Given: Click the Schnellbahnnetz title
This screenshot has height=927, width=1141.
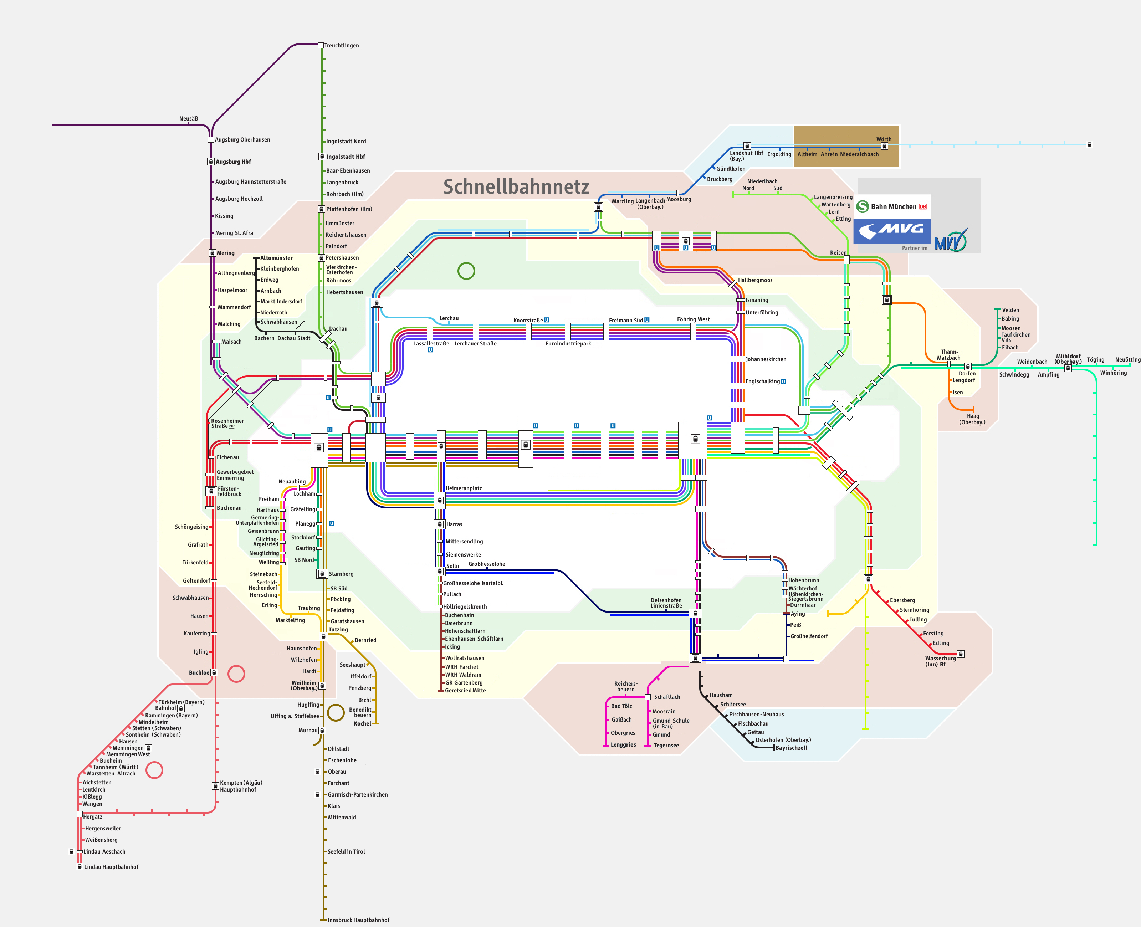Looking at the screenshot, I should pos(516,186).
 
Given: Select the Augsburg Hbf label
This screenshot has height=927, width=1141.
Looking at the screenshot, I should pos(233,162).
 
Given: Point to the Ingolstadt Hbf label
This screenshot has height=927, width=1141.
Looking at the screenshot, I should pos(346,157).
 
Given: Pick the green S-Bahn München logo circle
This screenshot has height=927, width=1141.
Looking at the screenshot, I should pos(862,207).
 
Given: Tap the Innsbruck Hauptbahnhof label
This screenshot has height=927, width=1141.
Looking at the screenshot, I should pos(358,920).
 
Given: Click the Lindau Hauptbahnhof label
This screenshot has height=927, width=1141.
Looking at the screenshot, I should pos(111,867).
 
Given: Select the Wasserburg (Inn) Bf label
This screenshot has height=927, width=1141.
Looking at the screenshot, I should pos(940,661).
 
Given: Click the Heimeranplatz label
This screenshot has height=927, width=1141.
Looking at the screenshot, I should pos(464,488).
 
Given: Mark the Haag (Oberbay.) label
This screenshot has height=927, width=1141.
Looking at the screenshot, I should pos(972,419).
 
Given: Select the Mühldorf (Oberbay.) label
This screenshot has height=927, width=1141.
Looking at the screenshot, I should pos(1068,359).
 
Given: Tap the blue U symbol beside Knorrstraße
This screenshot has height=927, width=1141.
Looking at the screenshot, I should pos(546,321).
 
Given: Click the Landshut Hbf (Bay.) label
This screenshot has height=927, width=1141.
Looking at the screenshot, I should pos(746,156).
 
